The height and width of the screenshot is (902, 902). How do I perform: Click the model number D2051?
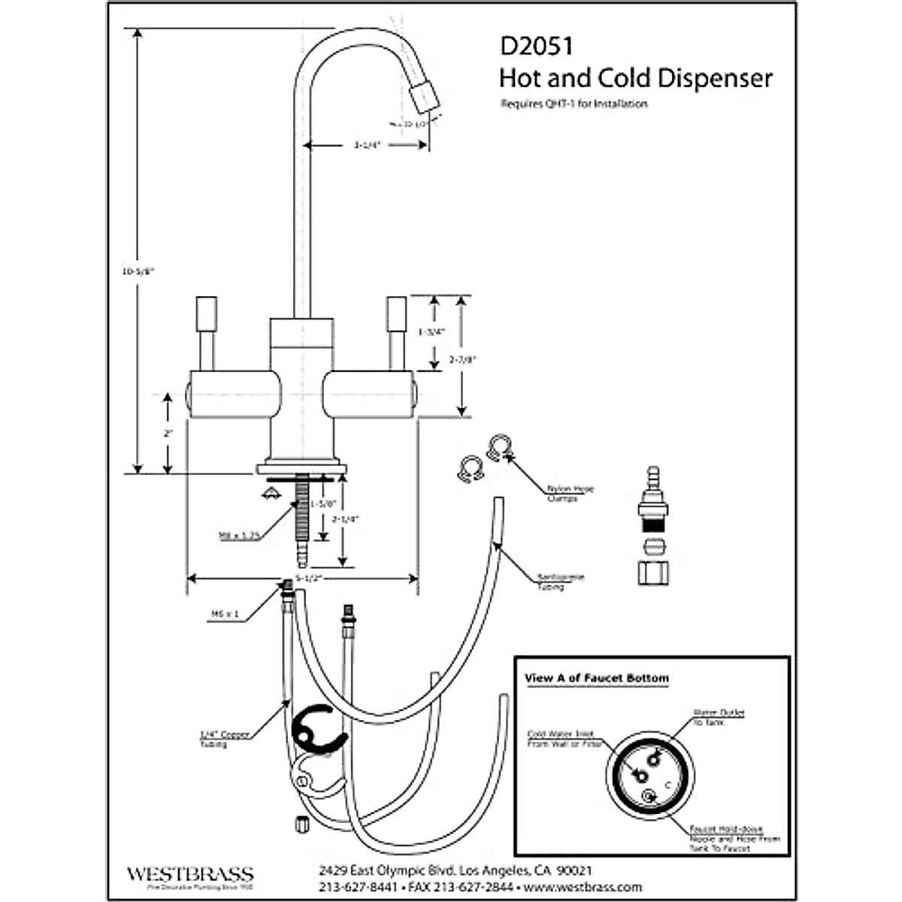coord(536,46)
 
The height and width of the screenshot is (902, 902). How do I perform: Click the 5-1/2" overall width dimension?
coord(308,578)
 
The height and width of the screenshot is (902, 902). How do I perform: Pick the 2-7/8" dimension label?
coord(463,359)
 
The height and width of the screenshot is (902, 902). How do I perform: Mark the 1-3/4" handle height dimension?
coord(431,331)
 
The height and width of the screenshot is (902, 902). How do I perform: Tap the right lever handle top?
coord(396,313)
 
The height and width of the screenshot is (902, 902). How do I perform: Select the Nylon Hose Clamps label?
coord(570,493)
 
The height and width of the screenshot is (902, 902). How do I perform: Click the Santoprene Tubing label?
coord(560,582)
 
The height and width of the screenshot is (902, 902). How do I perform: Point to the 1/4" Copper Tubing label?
coord(224,739)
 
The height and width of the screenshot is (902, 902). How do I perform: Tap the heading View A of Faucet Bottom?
coord(596,678)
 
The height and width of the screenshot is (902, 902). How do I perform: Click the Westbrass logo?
coord(189,876)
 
